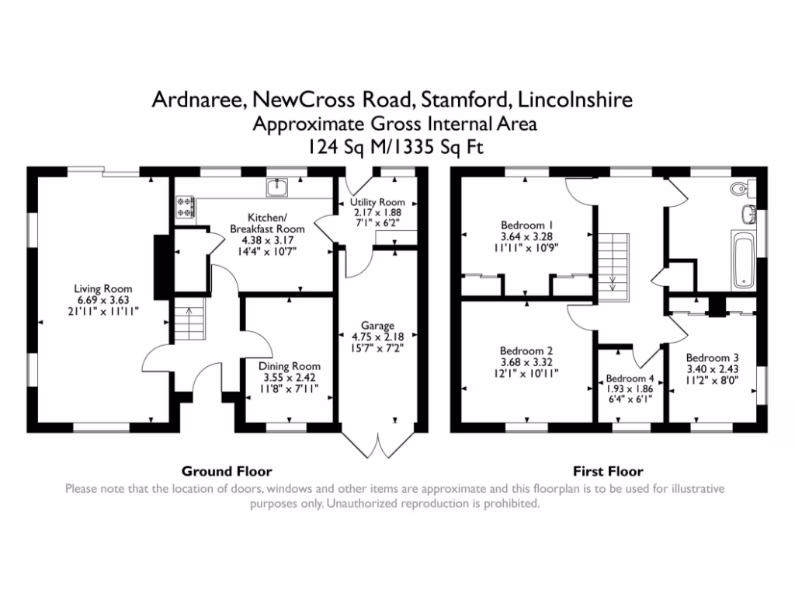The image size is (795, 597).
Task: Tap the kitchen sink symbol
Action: tap(277, 187)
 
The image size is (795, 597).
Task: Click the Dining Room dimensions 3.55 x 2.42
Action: tap(290, 378)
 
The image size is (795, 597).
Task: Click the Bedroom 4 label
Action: tap(630, 379)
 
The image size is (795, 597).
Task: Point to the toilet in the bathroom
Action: tap(742, 188)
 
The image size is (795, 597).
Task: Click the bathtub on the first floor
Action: tap(743, 259)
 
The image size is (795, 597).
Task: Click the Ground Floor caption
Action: tap(227, 471)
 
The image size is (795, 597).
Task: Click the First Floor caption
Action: tap(608, 471)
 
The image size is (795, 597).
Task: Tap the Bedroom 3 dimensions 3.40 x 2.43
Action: tap(707, 370)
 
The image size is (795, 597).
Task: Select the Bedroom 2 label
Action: tap(526, 351)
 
